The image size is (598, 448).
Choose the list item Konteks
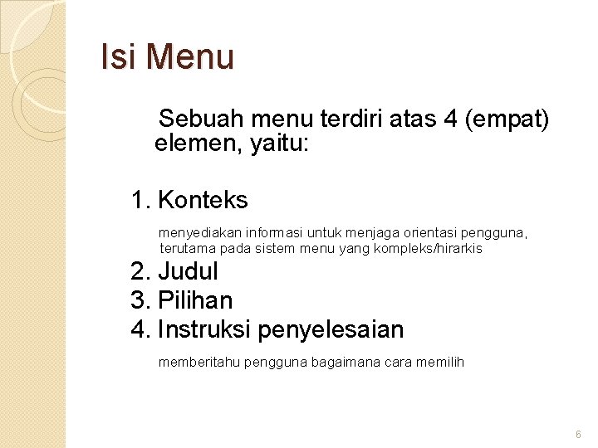coord(203,200)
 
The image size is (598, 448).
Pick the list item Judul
coord(188,271)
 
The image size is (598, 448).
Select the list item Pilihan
coord(195,300)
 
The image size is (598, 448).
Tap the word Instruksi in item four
coord(204,329)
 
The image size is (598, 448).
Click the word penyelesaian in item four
coord(331,329)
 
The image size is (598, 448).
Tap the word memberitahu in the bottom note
coord(195,362)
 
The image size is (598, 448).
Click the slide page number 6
coord(578,435)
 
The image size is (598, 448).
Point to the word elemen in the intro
coord(190,144)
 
